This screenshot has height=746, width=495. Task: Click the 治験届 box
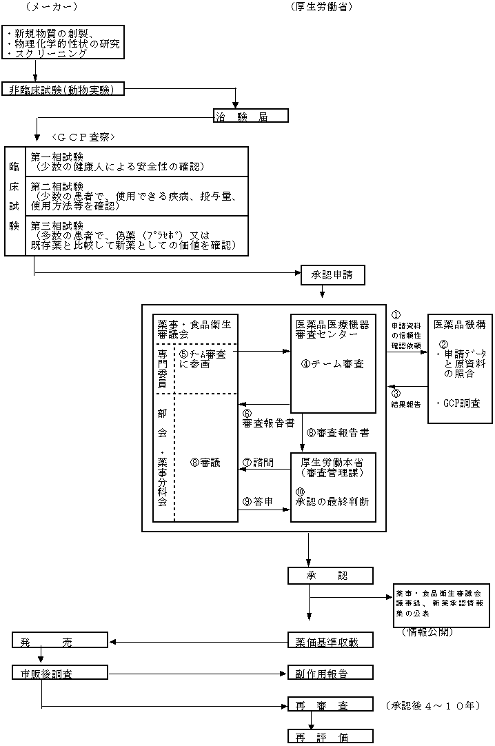point(250,115)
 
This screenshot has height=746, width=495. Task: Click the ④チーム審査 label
point(332,364)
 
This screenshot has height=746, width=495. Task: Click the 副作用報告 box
point(330,673)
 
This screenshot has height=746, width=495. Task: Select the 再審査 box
point(330,705)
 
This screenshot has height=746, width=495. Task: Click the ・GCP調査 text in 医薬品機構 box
point(459,403)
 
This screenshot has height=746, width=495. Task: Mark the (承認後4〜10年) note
point(434,705)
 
